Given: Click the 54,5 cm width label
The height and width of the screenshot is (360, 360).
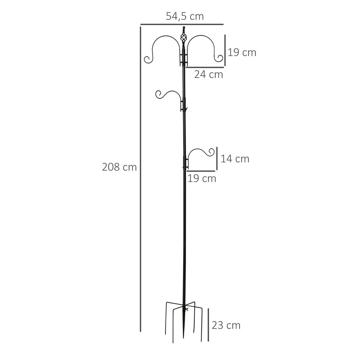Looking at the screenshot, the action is coord(184,16).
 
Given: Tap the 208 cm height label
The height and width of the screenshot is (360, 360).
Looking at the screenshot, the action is coord(119,167).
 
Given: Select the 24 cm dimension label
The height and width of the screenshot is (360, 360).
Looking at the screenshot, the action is coord(208,74).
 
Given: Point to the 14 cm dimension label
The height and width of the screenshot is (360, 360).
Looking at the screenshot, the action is coord(235,159).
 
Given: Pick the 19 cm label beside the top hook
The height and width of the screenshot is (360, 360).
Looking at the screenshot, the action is coord(242,52).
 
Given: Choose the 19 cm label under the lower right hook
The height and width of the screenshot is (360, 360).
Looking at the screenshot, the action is coord(202,178).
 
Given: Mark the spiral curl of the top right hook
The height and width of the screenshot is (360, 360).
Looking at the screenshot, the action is coord(219,58).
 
